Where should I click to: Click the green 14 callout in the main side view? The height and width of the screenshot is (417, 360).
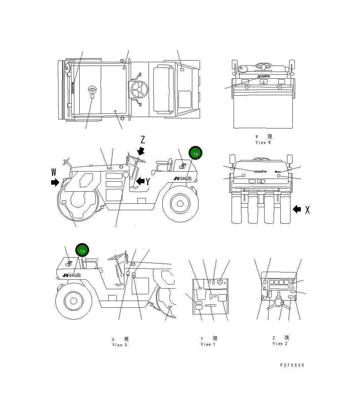(x=195, y=153)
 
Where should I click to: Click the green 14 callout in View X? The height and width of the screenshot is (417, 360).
(x=82, y=251)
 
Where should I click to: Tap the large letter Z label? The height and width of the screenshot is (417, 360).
(x=143, y=140)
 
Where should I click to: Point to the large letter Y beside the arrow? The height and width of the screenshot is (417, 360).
(x=148, y=182)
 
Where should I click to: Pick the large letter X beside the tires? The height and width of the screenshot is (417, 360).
(x=307, y=210)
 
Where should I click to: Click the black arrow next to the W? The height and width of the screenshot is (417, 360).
(x=54, y=183)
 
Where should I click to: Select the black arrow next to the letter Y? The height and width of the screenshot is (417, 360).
(x=140, y=182)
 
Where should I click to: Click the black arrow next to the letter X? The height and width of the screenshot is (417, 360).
(x=297, y=209)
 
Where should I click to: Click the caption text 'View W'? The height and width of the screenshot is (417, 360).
(x=263, y=143)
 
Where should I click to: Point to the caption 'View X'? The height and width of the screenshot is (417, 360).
(x=120, y=345)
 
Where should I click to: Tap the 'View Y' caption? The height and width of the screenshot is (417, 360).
(x=208, y=344)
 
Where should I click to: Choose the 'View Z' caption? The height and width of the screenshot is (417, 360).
(x=280, y=344)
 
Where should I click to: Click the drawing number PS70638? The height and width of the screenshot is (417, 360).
(x=292, y=365)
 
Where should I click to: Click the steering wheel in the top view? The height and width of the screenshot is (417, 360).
(x=140, y=89)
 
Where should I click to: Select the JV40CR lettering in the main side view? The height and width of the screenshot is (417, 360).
(x=183, y=179)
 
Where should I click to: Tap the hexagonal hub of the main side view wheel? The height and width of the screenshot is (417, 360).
(x=179, y=203)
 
